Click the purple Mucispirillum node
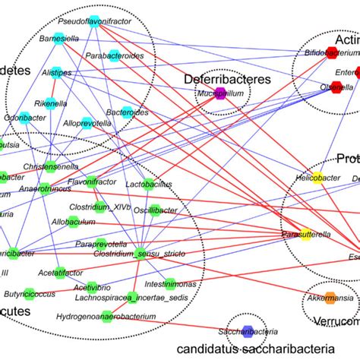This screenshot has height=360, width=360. (220, 94)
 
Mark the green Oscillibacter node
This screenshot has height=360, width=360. (156, 210)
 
